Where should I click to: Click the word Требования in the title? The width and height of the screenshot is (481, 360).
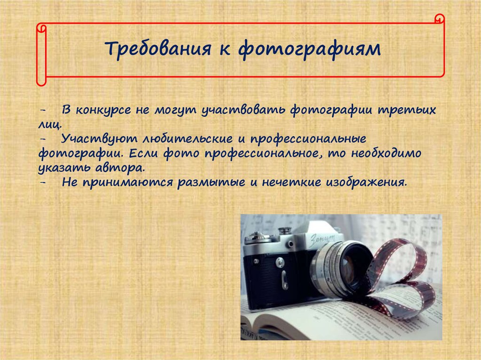point(158,48)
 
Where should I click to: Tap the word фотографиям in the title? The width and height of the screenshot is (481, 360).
point(310,49)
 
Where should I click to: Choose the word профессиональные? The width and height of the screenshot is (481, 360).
point(308,139)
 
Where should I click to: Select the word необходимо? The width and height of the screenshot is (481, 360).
point(386,153)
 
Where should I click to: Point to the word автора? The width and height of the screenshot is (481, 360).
point(120,168)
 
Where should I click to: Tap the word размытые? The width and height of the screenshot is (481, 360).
point(211,183)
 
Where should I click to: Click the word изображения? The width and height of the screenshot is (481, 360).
point(366,183)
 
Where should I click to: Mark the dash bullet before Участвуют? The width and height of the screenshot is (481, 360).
point(43,139)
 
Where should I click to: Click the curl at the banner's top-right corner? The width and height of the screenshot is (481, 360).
point(440,18)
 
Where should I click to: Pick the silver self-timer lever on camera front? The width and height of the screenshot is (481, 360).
point(284,280)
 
